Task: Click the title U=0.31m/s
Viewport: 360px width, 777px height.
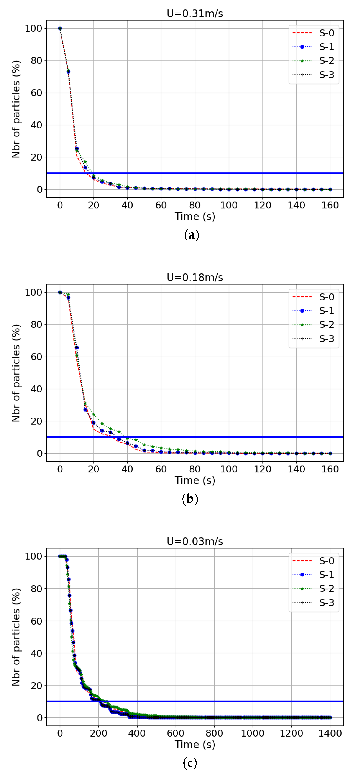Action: point(195,14)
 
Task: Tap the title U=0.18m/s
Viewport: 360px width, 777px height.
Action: point(195,277)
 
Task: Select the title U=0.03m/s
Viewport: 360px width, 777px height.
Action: point(195,541)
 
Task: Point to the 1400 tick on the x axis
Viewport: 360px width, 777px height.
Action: point(330,733)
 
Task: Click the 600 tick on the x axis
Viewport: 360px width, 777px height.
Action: point(176,733)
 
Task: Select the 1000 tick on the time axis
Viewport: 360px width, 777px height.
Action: point(253,733)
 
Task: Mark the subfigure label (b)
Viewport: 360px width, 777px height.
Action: point(190,499)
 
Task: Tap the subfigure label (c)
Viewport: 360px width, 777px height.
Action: point(190,763)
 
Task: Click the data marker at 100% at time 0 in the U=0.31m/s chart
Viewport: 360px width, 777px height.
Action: point(60,29)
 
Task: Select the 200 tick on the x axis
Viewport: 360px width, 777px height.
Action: point(99,733)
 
